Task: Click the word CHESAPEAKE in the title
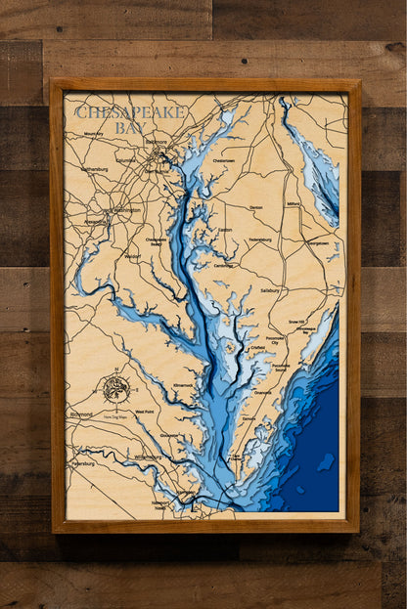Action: coord(129,112)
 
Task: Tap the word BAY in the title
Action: coord(129,128)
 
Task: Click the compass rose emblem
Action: coord(116,388)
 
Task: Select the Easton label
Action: coord(224,230)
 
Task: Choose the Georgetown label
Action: coord(317,241)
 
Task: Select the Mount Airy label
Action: coord(93,134)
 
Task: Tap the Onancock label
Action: coord(262,392)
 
